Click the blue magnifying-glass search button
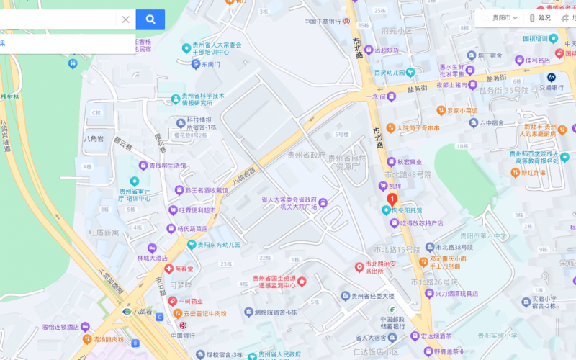[150, 19]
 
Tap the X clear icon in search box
[125, 19]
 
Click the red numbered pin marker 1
[392, 199]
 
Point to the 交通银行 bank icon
[552, 77]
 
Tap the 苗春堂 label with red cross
[184, 269]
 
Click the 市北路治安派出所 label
[385, 268]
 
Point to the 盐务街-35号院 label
[504, 90]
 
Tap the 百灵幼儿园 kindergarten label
[393, 72]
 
